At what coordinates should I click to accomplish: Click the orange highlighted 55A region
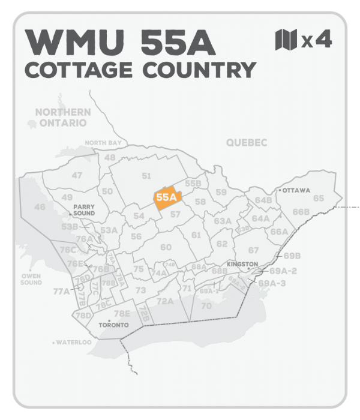[166, 198]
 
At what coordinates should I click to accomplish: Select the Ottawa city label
[296, 191]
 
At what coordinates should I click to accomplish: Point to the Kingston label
[243, 264]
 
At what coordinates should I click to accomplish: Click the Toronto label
[113, 325]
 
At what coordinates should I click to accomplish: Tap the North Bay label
[103, 143]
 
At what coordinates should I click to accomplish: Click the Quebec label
[247, 142]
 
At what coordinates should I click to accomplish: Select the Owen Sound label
[31, 278]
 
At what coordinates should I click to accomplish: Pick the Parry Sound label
[85, 209]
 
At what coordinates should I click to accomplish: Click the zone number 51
[146, 175]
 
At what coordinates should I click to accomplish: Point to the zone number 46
[40, 207]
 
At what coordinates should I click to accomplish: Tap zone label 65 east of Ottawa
[319, 198]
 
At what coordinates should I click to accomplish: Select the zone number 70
[207, 306]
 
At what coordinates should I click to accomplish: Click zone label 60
[166, 247]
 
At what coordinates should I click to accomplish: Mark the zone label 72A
[164, 301]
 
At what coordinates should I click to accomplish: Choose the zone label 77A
[61, 292]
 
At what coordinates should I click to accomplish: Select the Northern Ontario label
[63, 117]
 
